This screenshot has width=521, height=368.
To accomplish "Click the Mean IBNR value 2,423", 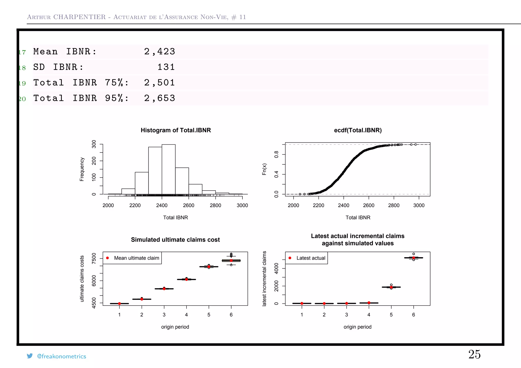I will (x=160, y=52).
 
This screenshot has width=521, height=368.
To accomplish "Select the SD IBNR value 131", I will (x=166, y=67).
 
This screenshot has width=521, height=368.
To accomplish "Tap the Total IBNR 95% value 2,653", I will (x=160, y=98).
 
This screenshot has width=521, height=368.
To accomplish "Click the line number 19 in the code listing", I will (x=22, y=83).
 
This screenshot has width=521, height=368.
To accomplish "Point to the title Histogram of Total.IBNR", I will (x=176, y=130).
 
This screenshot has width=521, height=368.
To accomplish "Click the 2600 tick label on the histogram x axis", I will (x=189, y=205).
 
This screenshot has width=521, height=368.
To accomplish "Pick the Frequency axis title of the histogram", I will (x=82, y=169).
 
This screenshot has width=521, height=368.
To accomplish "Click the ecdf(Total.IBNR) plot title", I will (x=358, y=130).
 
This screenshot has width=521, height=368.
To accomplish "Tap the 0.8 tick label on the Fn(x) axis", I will (x=276, y=154).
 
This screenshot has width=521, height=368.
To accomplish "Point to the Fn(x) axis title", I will (x=264, y=169).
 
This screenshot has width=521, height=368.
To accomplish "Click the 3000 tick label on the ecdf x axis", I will (x=419, y=205).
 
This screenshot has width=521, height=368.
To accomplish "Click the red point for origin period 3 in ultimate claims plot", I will (x=164, y=289).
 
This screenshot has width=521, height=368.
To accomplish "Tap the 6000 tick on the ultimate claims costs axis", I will (x=94, y=281).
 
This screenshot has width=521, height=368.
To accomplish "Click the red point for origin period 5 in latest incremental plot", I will (x=391, y=287).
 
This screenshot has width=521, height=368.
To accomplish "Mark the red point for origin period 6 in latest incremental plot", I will (x=414, y=258).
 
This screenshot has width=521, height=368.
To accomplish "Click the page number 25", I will (x=474, y=354).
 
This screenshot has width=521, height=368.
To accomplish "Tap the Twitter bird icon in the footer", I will (x=30, y=356).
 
